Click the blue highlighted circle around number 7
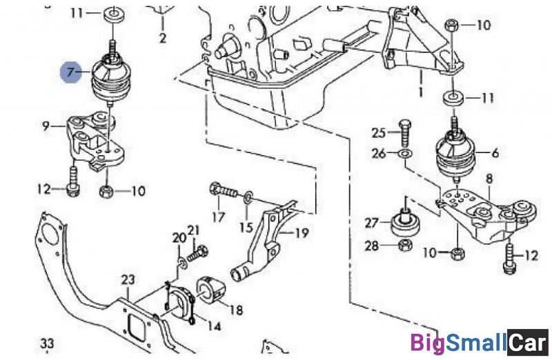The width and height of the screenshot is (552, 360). tap(70, 71)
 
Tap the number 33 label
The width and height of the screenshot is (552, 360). tap(47, 343)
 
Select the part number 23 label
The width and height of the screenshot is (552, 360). tap(128, 280)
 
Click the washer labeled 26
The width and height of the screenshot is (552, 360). tap(405, 153)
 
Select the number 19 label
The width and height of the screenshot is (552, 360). tap(302, 233)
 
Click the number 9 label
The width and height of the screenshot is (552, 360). tap(46, 126)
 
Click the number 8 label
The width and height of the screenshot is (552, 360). tap(489, 179)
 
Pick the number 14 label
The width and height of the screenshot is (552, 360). tap(214, 326)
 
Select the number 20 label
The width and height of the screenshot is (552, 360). tap(179, 238)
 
